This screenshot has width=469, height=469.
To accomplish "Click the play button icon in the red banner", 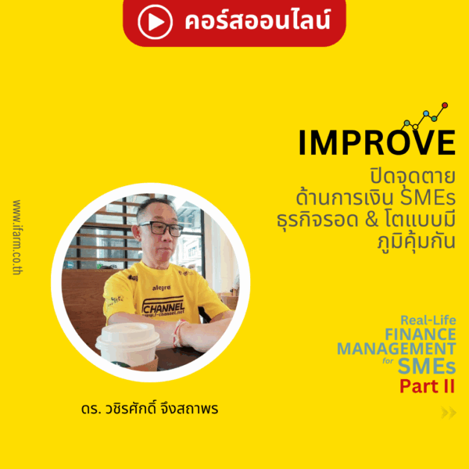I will [x=155, y=21].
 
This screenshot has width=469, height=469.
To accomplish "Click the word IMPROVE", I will [x=376, y=142].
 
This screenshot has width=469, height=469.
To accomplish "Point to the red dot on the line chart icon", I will [x=445, y=105].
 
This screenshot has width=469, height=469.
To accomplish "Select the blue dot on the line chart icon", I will [x=427, y=116].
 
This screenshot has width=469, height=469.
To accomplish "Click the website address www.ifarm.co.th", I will [x=17, y=234].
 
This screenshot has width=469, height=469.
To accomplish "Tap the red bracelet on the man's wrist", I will [x=180, y=332].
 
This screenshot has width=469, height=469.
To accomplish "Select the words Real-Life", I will [x=428, y=320].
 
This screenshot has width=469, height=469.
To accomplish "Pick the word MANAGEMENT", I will [x=396, y=349].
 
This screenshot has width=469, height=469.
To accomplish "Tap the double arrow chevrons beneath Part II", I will [x=448, y=414].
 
